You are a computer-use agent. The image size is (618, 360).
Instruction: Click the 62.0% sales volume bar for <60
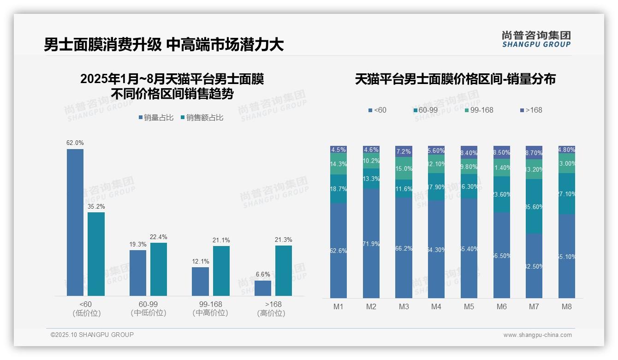click(x=75, y=222)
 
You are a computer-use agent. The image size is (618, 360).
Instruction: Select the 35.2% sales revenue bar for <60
click(x=96, y=254)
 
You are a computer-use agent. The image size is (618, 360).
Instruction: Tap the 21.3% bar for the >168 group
click(x=284, y=270)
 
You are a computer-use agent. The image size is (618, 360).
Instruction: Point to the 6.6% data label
click(x=263, y=274)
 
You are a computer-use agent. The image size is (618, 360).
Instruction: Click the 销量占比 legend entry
click(x=155, y=118)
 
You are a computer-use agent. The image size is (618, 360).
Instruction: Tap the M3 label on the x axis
click(x=404, y=306)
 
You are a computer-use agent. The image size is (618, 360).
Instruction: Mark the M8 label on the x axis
click(x=567, y=306)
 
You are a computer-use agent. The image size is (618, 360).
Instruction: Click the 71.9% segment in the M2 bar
click(x=371, y=243)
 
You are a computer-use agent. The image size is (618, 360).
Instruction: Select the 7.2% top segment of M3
click(x=404, y=151)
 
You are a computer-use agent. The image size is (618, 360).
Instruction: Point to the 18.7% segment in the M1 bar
click(x=339, y=189)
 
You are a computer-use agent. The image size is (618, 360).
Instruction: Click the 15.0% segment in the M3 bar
click(x=404, y=168)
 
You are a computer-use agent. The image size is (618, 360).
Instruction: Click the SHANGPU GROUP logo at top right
click(x=536, y=39)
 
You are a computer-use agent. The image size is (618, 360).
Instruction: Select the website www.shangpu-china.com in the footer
click(x=537, y=335)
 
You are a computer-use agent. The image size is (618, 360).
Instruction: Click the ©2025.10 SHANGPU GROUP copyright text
click(x=92, y=335)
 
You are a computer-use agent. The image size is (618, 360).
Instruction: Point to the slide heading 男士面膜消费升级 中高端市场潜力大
click(x=164, y=45)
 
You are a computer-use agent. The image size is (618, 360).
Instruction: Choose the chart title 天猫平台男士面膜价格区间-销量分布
click(x=455, y=79)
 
